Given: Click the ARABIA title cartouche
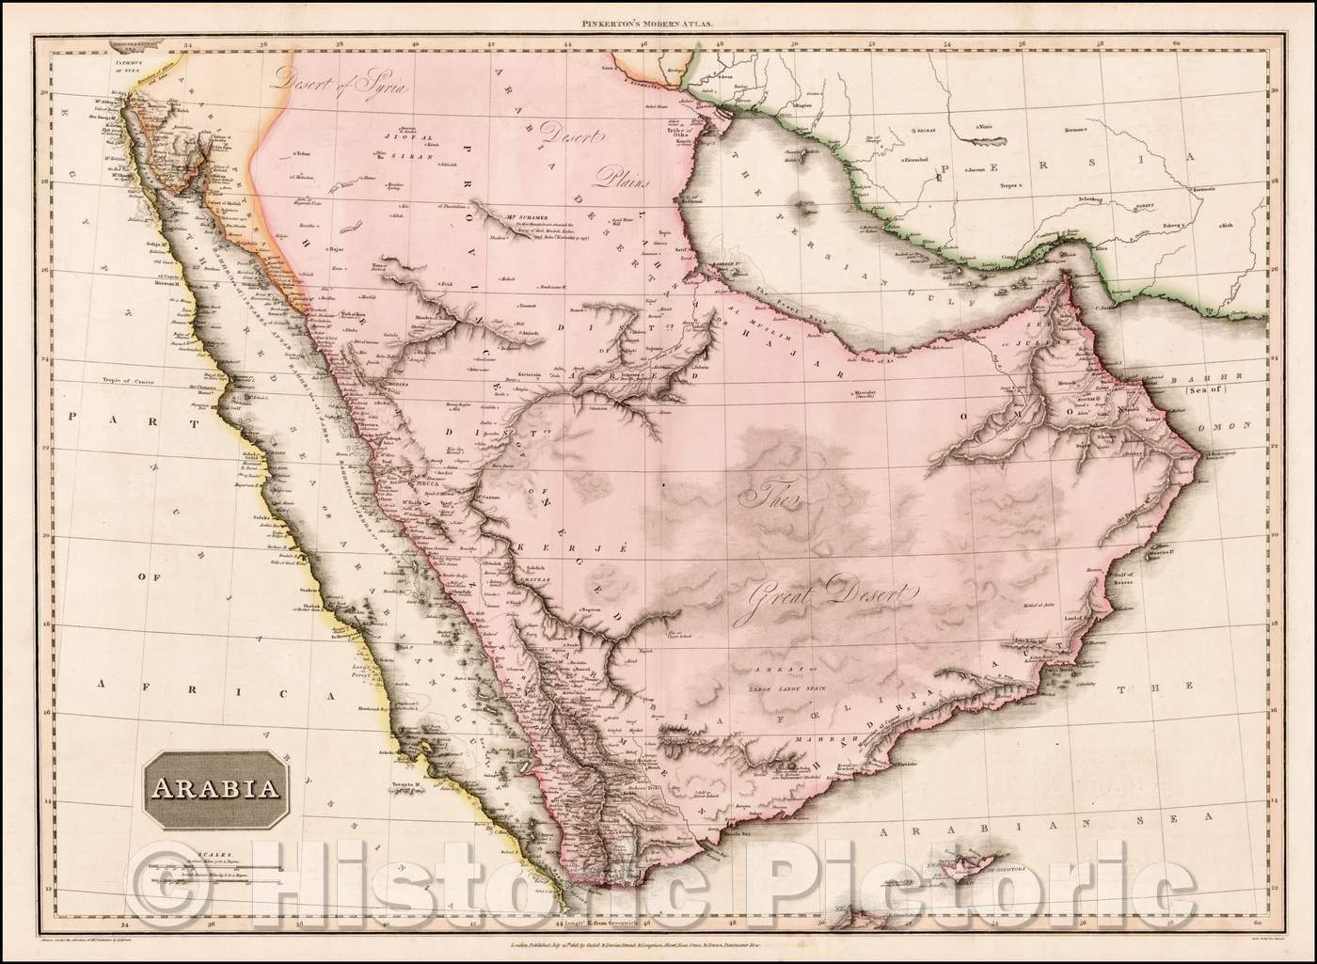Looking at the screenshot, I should [x=215, y=785].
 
